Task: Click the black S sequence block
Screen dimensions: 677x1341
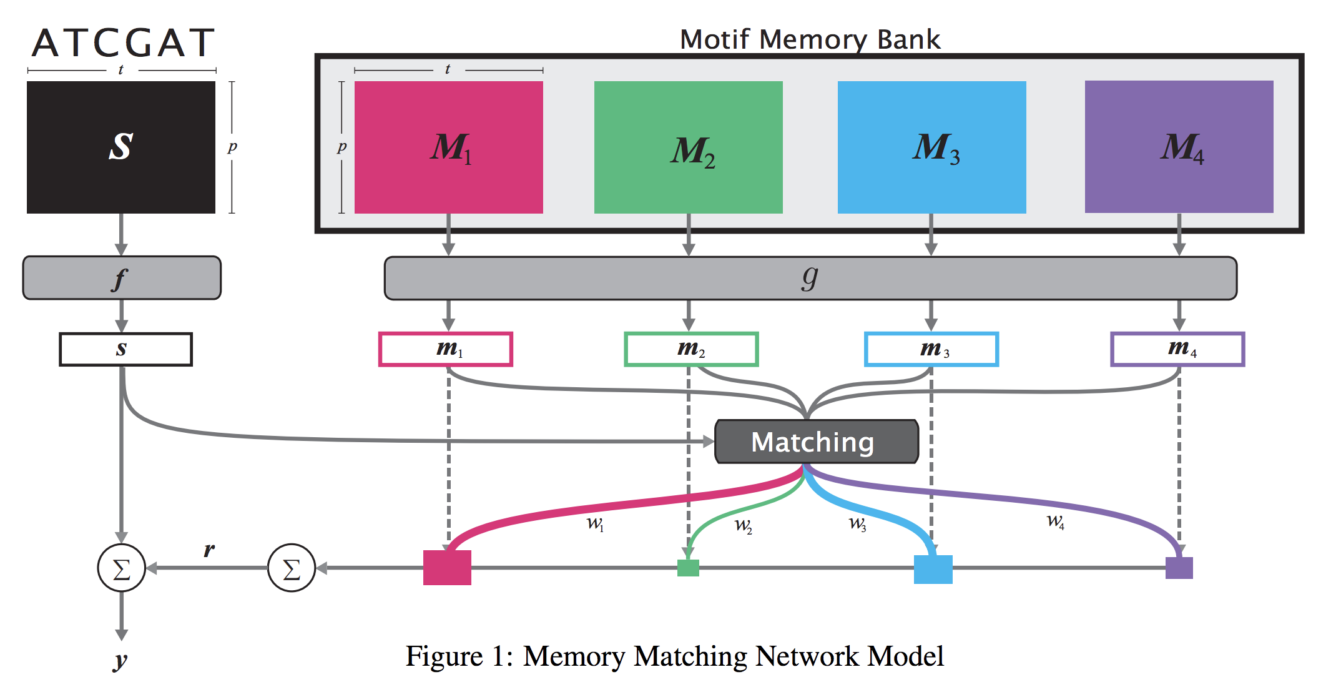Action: [x=121, y=147]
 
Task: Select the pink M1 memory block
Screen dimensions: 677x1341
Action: [x=448, y=147]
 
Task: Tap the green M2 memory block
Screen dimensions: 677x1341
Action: [x=688, y=147]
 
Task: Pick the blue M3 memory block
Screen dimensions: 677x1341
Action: [x=931, y=147]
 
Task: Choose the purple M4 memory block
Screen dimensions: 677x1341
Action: [x=1179, y=147]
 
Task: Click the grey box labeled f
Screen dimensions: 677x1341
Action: [x=122, y=278]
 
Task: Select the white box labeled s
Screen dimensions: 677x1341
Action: [x=125, y=349]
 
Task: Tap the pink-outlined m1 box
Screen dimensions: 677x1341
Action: [x=446, y=349]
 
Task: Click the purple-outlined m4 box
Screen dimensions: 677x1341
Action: [x=1177, y=349]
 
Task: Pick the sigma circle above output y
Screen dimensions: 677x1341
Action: [x=122, y=568]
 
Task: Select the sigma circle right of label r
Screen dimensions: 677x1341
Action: [x=292, y=568]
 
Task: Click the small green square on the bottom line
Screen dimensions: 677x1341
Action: [x=688, y=568]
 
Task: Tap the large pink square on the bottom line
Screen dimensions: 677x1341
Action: [x=447, y=568]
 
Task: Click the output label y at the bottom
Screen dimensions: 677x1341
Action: [x=120, y=660]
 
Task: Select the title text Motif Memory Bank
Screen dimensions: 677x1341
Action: [x=810, y=39]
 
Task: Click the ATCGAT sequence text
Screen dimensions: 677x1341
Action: [x=123, y=43]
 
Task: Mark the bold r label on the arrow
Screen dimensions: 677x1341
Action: [x=209, y=550]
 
